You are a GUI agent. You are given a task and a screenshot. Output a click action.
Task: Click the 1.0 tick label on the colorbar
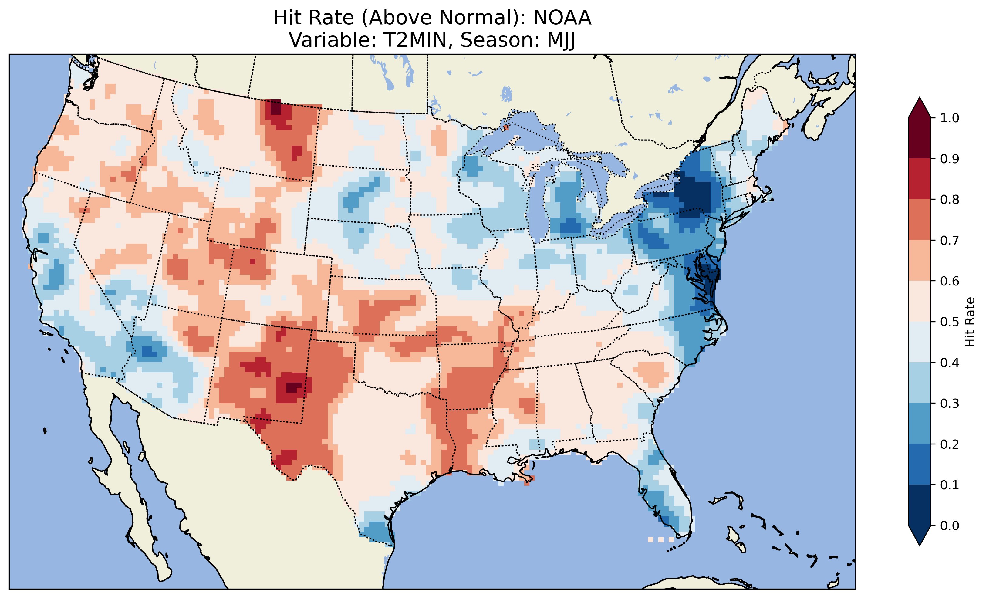click(x=950, y=118)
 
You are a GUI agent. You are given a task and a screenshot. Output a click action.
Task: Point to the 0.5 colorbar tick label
click(x=950, y=322)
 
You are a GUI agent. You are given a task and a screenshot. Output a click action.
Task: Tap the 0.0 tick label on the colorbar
click(x=950, y=525)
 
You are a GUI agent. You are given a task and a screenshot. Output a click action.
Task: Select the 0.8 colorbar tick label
click(x=950, y=199)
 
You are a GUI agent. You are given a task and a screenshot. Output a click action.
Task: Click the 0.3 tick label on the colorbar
click(x=950, y=404)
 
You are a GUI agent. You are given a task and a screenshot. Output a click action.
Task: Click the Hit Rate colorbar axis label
click(x=970, y=322)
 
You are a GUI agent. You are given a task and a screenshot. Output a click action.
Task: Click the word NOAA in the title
click(x=562, y=18)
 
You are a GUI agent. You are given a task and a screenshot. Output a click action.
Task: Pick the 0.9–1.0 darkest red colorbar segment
click(x=920, y=138)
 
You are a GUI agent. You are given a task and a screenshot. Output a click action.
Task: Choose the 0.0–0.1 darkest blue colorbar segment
click(x=920, y=505)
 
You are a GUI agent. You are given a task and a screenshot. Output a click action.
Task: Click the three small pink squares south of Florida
click(x=660, y=539)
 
